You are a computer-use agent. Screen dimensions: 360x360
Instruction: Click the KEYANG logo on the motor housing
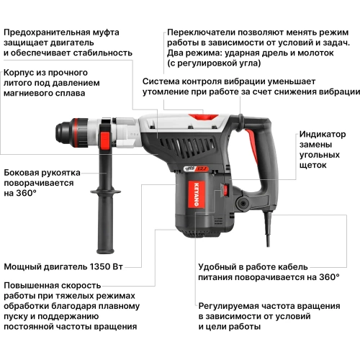coord(178,195)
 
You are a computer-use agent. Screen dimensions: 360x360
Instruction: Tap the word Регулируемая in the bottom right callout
coord(230,305)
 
